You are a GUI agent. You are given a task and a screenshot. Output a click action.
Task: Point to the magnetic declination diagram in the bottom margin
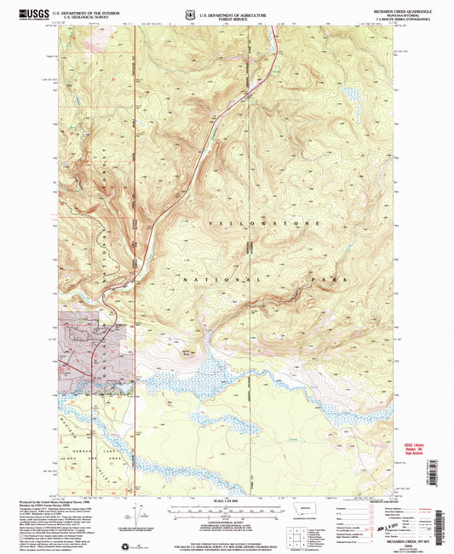click(132, 520)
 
